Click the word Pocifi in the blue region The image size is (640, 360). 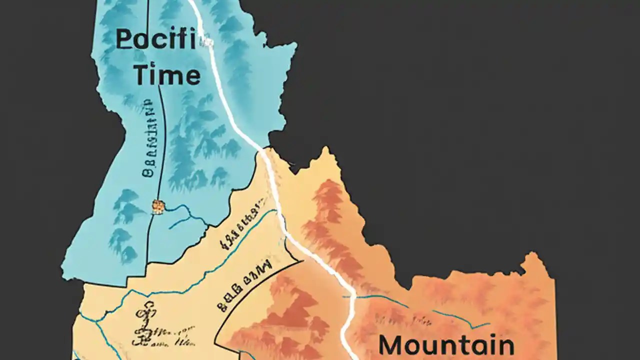[x=155, y=39]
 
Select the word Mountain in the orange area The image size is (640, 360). [x=446, y=345]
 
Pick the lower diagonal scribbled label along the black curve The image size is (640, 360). [x=245, y=282]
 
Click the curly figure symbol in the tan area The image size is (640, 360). [x=144, y=322]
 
